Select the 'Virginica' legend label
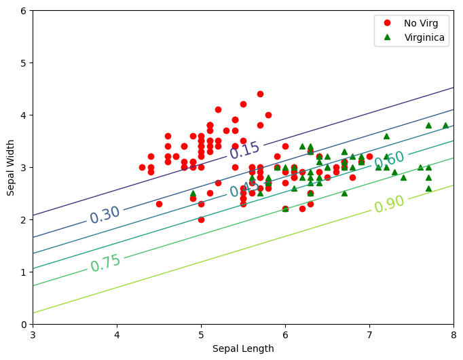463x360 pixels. tap(424, 38)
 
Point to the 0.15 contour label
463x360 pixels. tap(244, 151)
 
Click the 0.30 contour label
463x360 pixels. tap(105, 215)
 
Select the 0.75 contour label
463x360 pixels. tap(105, 263)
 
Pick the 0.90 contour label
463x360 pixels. tap(389, 204)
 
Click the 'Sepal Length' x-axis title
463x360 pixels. tap(243, 348)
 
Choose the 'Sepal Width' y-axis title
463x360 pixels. tap(11, 168)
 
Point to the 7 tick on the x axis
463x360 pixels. tap(369, 335)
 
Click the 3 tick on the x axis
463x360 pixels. tap(33, 335)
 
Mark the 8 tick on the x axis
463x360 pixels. tap(453, 335)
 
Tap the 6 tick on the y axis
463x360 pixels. tap(22, 11)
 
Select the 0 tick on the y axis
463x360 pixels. tap(22, 324)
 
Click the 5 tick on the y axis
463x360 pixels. tap(22, 63)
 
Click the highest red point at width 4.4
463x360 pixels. tap(260, 94)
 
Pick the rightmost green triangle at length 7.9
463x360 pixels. tap(445, 126)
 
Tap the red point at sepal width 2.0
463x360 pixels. tap(201, 219)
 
